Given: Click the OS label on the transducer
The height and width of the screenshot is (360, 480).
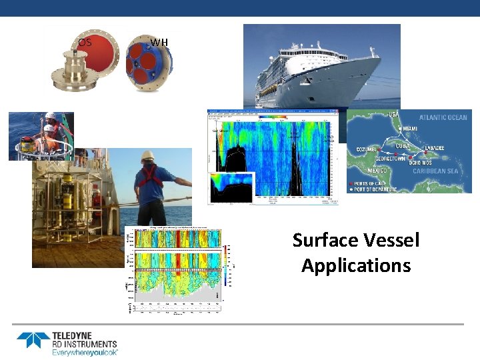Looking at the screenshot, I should (84, 43).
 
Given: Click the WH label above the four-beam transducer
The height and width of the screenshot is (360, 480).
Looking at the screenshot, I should (159, 43).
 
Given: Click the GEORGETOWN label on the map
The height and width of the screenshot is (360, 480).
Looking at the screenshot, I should (391, 160).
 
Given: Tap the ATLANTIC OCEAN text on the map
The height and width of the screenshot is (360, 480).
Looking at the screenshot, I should (443, 118).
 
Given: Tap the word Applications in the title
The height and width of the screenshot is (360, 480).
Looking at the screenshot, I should (356, 265).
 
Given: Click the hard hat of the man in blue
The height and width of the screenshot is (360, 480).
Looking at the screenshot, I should (148, 155).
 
